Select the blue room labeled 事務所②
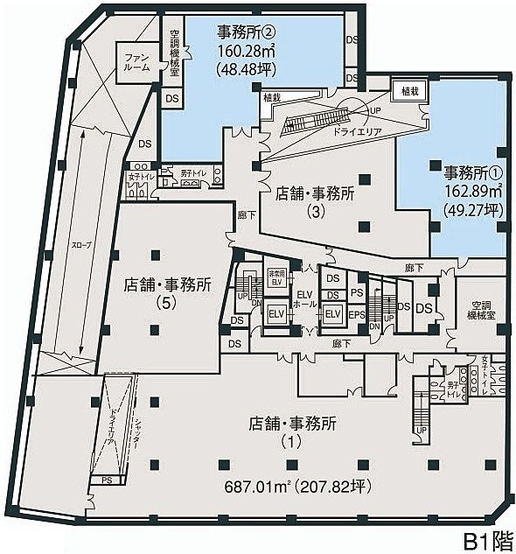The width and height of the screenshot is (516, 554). tap(254, 88)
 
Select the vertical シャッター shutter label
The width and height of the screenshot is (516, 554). tap(137, 438)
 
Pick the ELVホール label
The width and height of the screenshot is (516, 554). tap(304, 299)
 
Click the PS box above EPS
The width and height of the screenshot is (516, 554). tap(356, 293)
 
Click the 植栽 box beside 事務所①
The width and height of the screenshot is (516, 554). tap(410, 90)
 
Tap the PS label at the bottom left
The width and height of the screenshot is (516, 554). tap(106, 480)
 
